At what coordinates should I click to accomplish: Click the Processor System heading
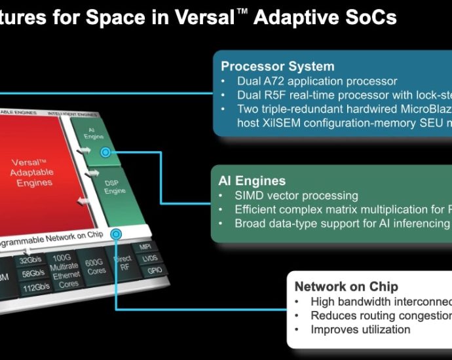[278, 66]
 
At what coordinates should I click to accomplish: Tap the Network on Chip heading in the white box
[346, 286]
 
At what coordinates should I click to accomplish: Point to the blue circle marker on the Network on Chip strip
[117, 234]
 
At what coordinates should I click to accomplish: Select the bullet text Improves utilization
[360, 329]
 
